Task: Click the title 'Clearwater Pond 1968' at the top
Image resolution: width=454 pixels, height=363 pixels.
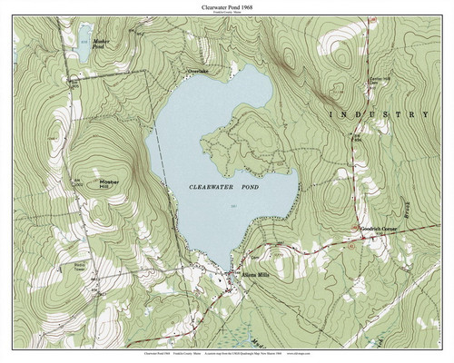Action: pos(227,6)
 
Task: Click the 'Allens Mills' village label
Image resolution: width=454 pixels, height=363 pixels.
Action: pos(251,273)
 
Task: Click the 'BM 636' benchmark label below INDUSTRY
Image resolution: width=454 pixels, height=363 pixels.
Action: pos(358,137)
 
